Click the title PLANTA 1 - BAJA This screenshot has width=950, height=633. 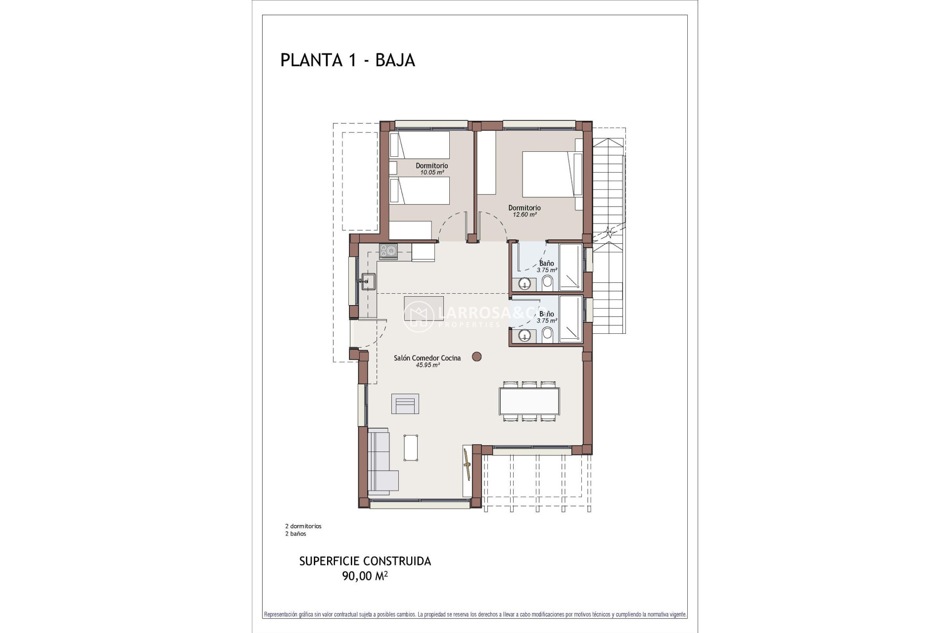point(347,60)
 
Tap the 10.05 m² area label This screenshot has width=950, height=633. point(431,173)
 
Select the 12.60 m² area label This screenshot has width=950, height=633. point(524,215)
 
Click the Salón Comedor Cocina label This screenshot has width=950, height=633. point(427,358)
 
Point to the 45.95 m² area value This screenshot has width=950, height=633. point(427,365)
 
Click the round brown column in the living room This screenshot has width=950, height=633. point(477,356)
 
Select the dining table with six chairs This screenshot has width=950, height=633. point(529,401)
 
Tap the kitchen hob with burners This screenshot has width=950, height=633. point(388,251)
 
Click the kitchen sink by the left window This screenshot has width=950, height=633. point(368,281)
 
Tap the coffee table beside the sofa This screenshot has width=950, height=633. point(411,448)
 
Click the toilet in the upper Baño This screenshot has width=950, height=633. point(547,283)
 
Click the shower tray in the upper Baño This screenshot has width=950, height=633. point(570,267)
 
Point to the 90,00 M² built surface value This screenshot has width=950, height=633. point(365,576)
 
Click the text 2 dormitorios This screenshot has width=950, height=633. point(303,526)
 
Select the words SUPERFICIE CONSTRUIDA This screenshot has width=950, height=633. point(365,561)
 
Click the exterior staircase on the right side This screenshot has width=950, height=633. point(609,232)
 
